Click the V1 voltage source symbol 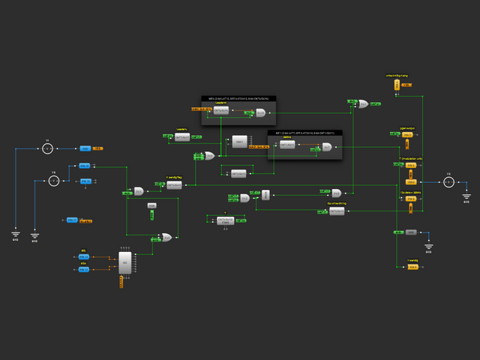coord(46,148)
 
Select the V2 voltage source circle coord(54,181)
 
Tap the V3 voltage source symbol coord(448,181)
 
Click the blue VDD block coord(85,148)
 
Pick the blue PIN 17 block coord(72,220)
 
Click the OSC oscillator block coord(239,141)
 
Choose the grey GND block coord(411,232)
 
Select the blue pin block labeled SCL coord(84,257)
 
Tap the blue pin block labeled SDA coord(84,268)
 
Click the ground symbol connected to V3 coord(466,196)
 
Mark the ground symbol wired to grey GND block coord(428,246)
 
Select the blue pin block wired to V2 coord(85,166)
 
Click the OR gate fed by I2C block coord(165,238)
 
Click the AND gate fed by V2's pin coord(139,191)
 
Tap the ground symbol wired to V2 coord(34,235)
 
